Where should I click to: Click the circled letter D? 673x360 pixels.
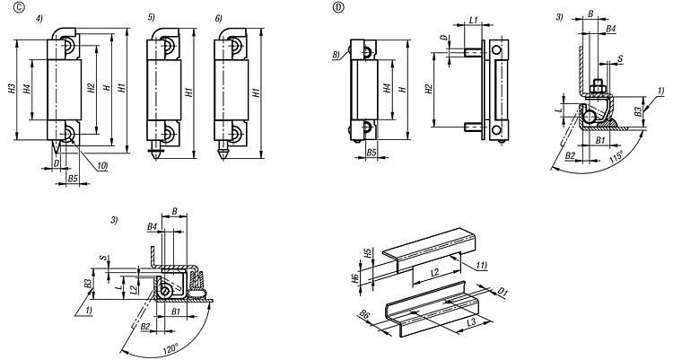337,7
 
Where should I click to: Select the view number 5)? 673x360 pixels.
151,17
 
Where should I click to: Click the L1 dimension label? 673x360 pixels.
473,18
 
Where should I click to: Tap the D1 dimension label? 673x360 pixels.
503,291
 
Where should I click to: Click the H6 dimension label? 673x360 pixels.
356,280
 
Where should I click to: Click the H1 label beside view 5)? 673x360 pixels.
188,91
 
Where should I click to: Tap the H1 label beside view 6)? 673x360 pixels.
257,91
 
